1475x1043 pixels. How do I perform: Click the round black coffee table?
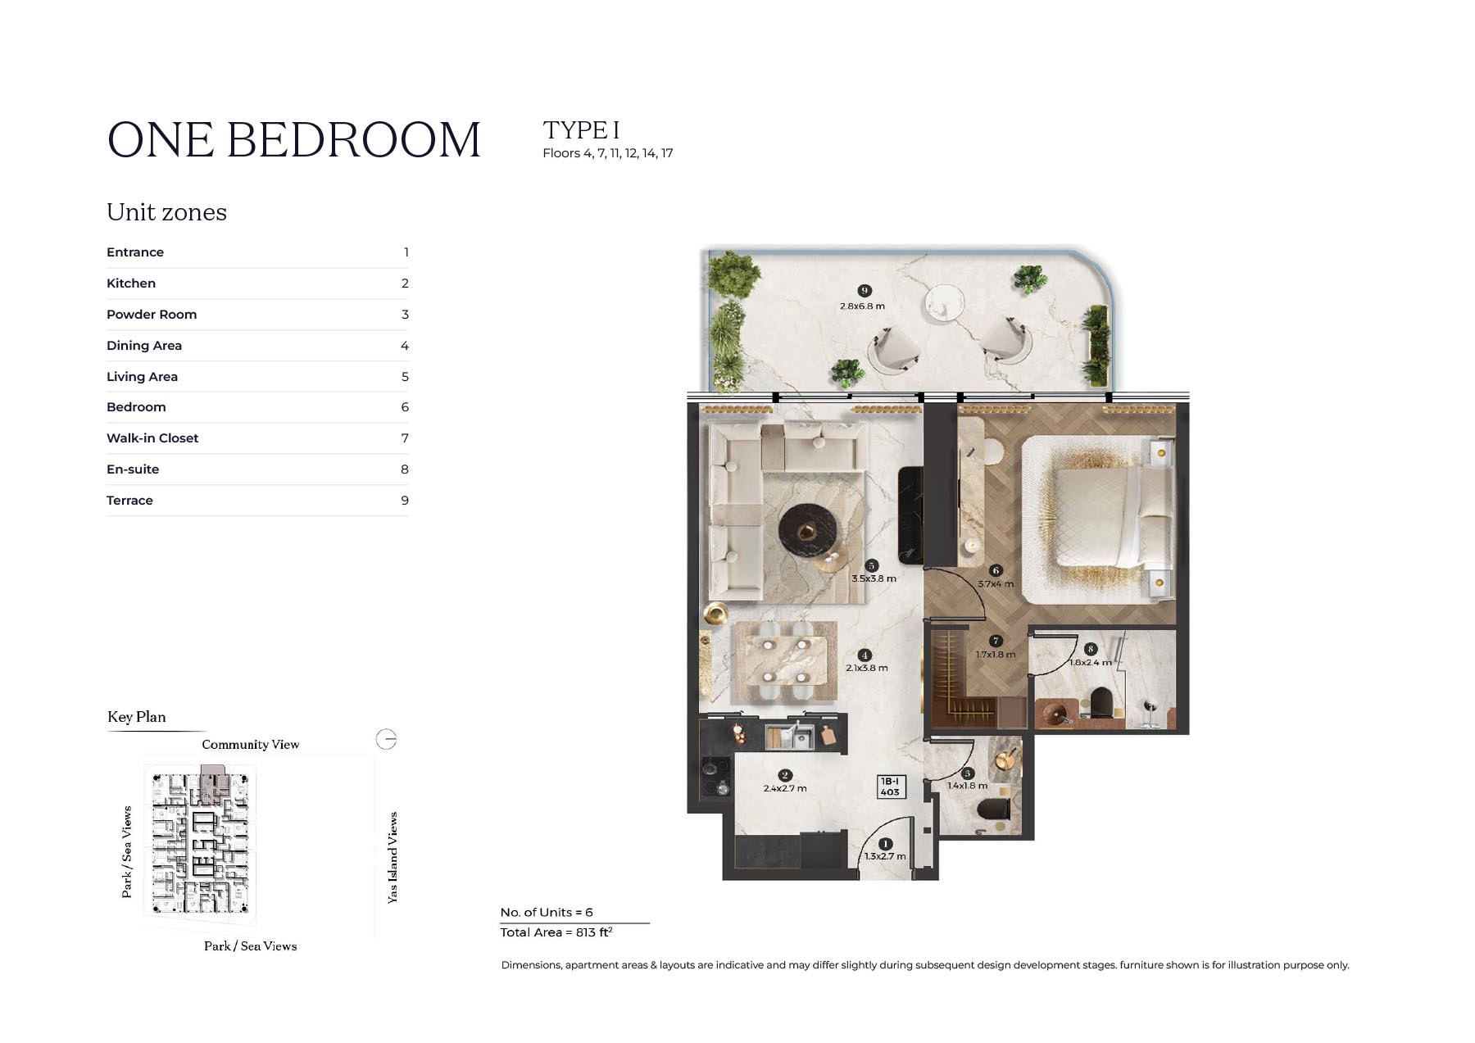[x=808, y=533]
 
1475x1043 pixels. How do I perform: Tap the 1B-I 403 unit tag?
[x=890, y=787]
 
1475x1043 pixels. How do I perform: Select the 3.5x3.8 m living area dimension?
[x=874, y=578]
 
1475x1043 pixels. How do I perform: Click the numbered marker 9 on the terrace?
[x=864, y=291]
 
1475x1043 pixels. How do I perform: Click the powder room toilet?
[x=992, y=810]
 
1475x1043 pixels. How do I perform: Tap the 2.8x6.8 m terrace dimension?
[x=862, y=306]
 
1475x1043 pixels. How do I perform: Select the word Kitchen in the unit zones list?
[x=131, y=283]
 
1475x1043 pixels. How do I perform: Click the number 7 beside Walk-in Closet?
[x=405, y=438]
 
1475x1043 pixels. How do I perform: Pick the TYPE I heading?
[x=581, y=130]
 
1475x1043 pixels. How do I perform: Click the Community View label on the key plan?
[x=251, y=745]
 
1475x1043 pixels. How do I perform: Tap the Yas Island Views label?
[x=393, y=858]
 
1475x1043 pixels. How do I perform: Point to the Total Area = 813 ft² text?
[x=556, y=932]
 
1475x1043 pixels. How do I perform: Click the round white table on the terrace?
[x=945, y=302]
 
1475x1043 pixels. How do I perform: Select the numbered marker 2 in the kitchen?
[x=785, y=775]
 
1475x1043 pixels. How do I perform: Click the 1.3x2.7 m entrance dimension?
[x=885, y=856]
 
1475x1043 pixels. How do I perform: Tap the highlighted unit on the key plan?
[x=215, y=783]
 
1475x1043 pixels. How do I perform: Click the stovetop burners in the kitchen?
[x=715, y=778]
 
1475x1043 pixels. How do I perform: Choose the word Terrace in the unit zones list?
[x=129, y=501]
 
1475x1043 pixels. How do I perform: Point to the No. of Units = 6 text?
[x=547, y=912]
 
